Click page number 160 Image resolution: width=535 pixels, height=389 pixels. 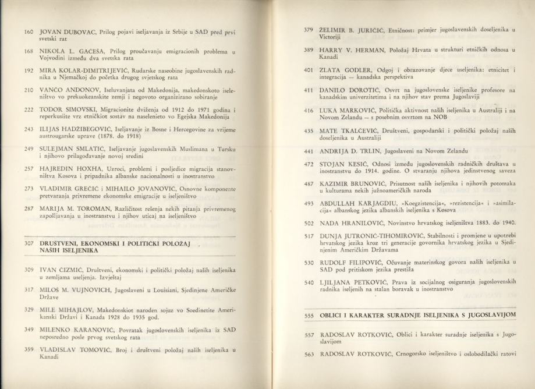(27, 31)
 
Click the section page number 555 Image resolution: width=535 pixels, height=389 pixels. (309, 315)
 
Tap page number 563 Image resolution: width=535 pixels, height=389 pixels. (309, 353)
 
